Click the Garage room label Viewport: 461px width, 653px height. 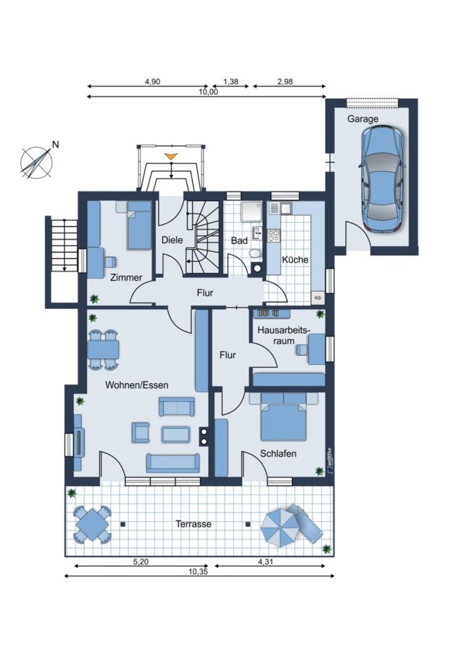coord(363,119)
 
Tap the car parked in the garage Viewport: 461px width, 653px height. coord(381,178)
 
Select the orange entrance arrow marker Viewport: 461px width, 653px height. coord(170,157)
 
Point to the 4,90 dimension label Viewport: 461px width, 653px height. coord(152,81)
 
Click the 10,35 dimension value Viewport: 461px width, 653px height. coord(198,572)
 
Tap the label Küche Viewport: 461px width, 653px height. coord(295,260)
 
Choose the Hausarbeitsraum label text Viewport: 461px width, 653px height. coord(283,335)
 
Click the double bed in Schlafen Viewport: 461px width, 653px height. coord(283,416)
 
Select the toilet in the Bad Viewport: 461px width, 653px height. coord(254,252)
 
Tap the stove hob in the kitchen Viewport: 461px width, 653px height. coord(273,235)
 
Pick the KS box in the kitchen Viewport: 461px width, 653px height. coord(318,297)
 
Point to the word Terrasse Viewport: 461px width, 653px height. coord(194,524)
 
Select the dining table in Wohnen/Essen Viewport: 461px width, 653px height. coord(103,350)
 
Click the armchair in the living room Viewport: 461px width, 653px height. coord(140,432)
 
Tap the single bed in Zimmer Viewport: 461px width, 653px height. coord(138,226)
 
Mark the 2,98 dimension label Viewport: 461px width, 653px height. coord(285,81)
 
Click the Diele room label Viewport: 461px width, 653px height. coord(172,240)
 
